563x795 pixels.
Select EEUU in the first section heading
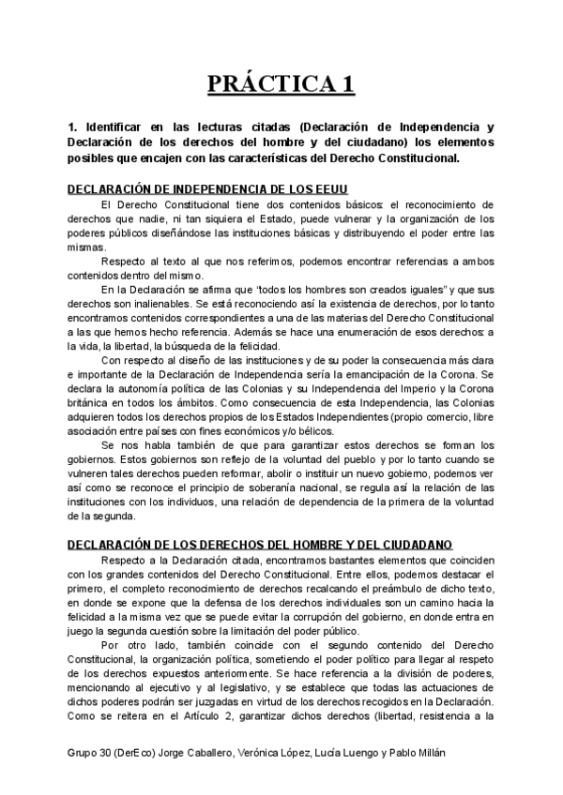click(328, 188)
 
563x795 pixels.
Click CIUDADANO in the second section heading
click(409, 545)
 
